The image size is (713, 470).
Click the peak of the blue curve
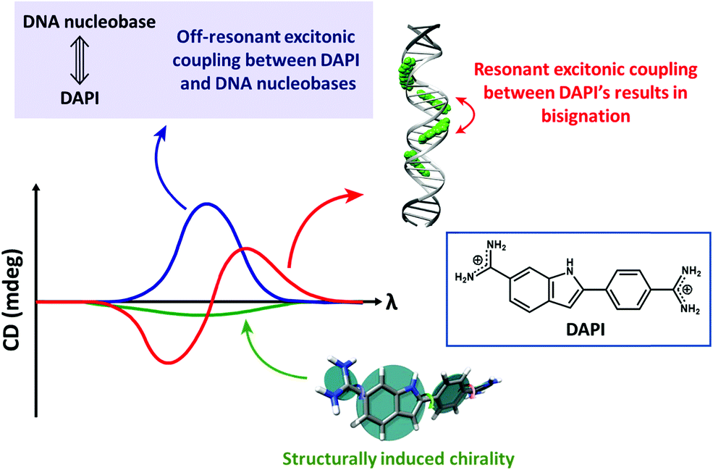point(206,204)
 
